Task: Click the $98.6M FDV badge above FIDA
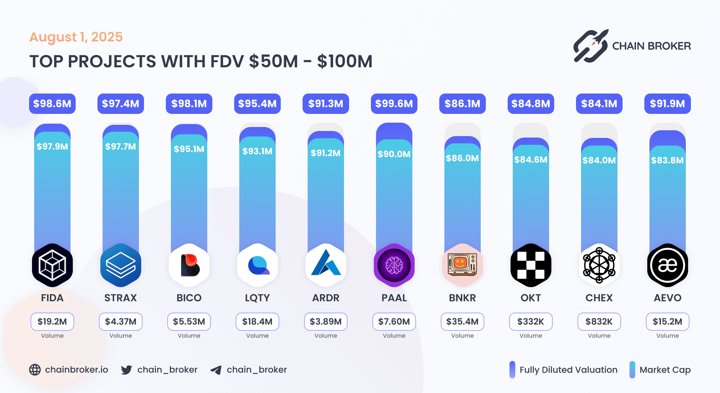[52, 104]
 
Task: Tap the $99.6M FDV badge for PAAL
[394, 104]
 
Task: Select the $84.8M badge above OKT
[531, 104]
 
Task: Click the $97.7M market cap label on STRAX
[120, 147]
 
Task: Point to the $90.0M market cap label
[394, 154]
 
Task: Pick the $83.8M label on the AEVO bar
[667, 160]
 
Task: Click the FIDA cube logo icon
[52, 265]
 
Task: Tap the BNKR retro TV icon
[462, 265]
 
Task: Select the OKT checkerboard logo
[531, 265]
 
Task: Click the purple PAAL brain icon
[394, 265]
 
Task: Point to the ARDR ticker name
[325, 298]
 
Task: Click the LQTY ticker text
[257, 298]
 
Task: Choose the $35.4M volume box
[462, 322]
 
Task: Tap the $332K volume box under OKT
[531, 322]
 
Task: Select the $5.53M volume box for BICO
[189, 322]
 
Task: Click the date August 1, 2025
[76, 37]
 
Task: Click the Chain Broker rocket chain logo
[591, 46]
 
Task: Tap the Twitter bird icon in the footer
[126, 370]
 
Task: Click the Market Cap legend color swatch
[632, 370]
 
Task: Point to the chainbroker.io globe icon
[35, 370]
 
